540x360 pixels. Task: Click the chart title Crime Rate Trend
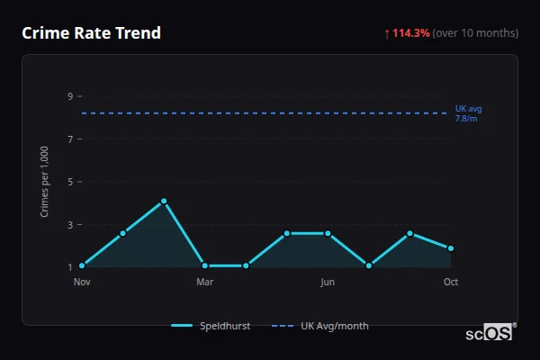click(91, 33)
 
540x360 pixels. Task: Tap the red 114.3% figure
click(411, 33)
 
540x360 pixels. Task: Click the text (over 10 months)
click(475, 33)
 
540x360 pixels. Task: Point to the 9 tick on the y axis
click(69, 96)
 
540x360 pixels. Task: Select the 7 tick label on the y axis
click(69, 139)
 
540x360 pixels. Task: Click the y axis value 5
click(69, 182)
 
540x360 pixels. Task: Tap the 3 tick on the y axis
click(69, 224)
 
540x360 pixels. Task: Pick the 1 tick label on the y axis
click(69, 266)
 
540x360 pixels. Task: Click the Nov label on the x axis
click(82, 282)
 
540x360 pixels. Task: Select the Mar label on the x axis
click(204, 282)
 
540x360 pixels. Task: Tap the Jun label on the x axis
click(328, 282)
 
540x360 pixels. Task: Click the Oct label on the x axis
click(451, 282)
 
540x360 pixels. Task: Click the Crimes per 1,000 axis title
click(45, 182)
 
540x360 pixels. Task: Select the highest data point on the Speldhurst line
click(164, 201)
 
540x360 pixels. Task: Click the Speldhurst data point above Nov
click(82, 265)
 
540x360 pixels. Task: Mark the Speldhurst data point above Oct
click(451, 248)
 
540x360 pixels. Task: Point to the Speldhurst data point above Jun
click(328, 233)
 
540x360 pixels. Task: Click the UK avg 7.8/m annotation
click(468, 113)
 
